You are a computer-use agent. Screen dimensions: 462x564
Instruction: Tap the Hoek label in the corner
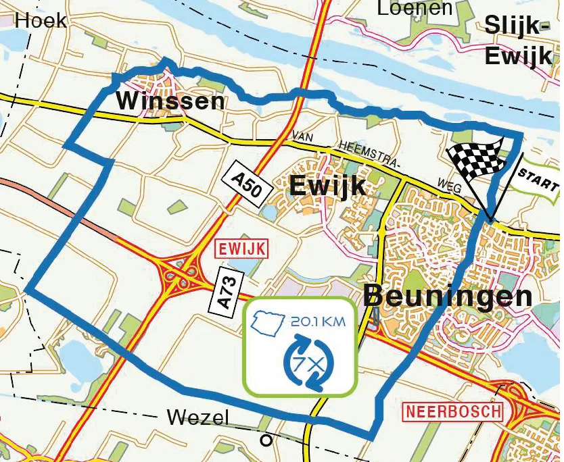[x=41, y=20]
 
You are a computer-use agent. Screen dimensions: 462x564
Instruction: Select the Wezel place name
[x=197, y=417]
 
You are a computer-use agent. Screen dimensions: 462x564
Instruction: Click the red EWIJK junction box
[x=241, y=249]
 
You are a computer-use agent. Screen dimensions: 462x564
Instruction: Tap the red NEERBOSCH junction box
[x=453, y=411]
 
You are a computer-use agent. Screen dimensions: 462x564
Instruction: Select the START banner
[x=538, y=178]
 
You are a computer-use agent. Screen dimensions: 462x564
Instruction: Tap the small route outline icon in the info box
[x=267, y=322]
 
